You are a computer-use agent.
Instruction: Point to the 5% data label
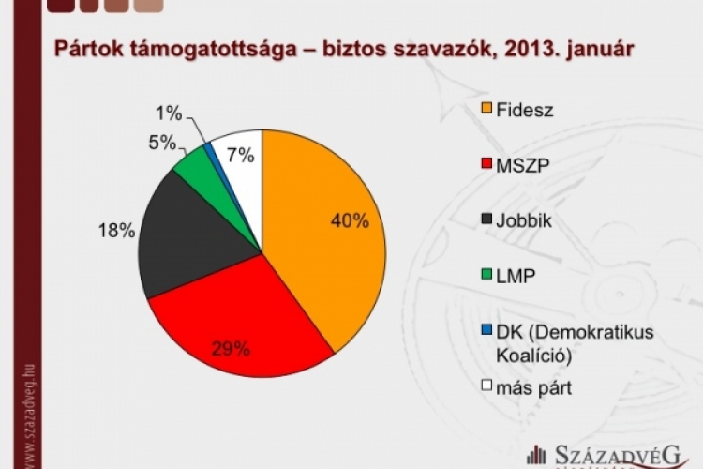pyautogui.click(x=162, y=143)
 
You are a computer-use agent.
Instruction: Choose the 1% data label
pyautogui.click(x=169, y=113)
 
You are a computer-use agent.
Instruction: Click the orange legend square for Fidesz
pyautogui.click(x=486, y=108)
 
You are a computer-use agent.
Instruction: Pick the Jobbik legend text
pyautogui.click(x=529, y=220)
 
